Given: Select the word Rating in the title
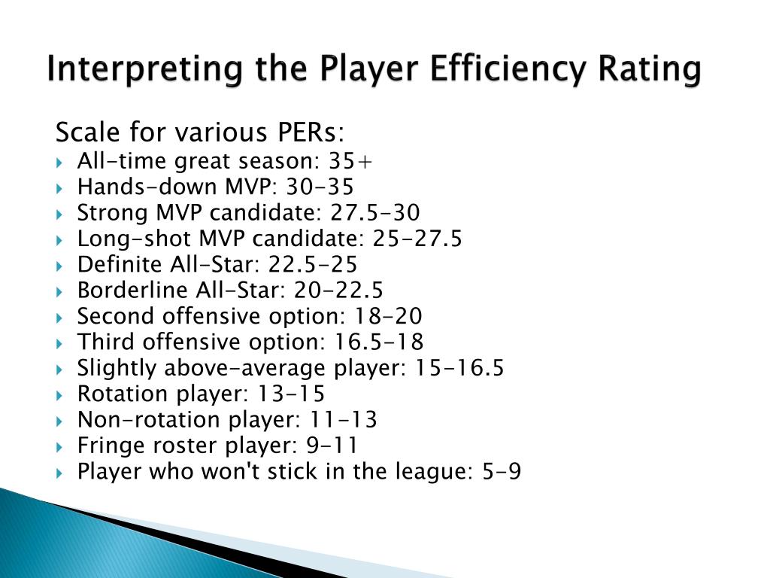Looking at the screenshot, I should pyautogui.click(x=650, y=69).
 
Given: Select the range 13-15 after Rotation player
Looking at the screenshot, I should pyautogui.click(x=296, y=394).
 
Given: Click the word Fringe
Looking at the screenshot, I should pyautogui.click(x=105, y=446).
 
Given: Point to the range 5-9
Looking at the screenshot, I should pyautogui.click(x=502, y=471).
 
